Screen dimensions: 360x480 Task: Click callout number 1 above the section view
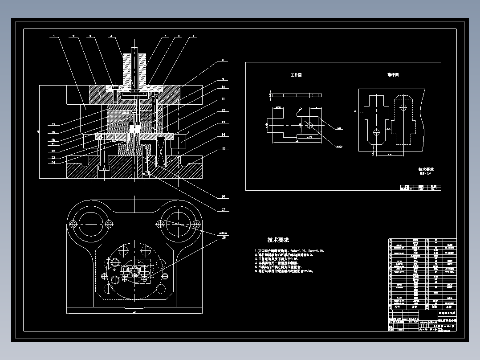point(53,36)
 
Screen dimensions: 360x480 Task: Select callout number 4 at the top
point(111,36)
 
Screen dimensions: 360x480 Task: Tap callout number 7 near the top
point(194,36)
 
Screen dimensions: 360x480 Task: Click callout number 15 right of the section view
point(224,148)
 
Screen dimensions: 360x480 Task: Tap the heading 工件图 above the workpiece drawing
point(296,75)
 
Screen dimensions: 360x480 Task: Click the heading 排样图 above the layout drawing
point(392,75)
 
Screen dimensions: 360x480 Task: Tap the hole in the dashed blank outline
point(403,107)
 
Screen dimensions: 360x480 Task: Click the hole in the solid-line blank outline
point(376,132)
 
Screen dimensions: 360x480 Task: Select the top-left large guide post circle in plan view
point(91,223)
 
